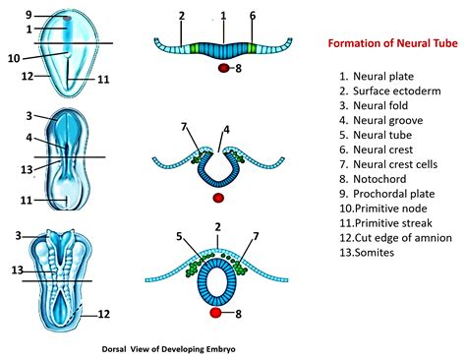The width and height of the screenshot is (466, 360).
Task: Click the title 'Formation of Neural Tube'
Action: [x=393, y=43]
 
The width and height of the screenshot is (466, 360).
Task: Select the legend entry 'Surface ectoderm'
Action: [x=390, y=91]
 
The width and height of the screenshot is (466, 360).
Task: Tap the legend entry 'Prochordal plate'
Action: [x=387, y=194]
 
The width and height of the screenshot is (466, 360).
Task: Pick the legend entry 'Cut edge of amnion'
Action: [x=395, y=238]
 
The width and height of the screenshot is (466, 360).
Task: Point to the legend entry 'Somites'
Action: [x=367, y=253]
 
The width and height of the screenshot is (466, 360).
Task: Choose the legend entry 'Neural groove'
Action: [x=381, y=120]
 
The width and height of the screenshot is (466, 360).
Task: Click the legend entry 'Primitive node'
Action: [x=383, y=209]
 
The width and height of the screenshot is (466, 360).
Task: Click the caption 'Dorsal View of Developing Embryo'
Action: [x=168, y=349]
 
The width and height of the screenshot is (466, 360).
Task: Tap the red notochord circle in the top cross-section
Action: [x=224, y=68]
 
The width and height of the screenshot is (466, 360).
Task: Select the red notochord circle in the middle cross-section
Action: [x=218, y=198]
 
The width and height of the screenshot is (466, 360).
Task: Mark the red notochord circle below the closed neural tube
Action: [x=215, y=313]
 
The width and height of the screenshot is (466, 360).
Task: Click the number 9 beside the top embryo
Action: [x=29, y=15]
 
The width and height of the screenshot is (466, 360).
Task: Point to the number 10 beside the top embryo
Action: [x=14, y=59]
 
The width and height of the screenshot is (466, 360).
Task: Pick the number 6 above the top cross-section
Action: [x=253, y=16]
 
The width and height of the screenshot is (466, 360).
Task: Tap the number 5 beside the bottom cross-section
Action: [x=179, y=236]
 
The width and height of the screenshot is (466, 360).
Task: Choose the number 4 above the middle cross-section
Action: [x=226, y=130]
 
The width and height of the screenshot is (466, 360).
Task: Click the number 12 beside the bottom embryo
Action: [x=103, y=314]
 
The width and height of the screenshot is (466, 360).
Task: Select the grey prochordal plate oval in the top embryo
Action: [x=67, y=19]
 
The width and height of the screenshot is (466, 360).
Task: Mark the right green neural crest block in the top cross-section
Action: [x=252, y=48]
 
